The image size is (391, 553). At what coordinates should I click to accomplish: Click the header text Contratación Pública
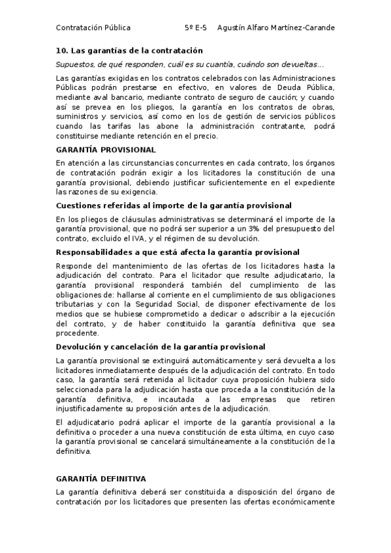click(93, 28)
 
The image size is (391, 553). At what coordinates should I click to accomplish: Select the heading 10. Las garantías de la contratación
click(129, 51)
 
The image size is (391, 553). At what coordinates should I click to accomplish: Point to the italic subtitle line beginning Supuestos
click(189, 65)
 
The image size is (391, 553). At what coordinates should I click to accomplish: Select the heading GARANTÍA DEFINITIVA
click(101, 478)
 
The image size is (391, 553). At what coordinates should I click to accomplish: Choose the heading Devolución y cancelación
click(161, 347)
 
